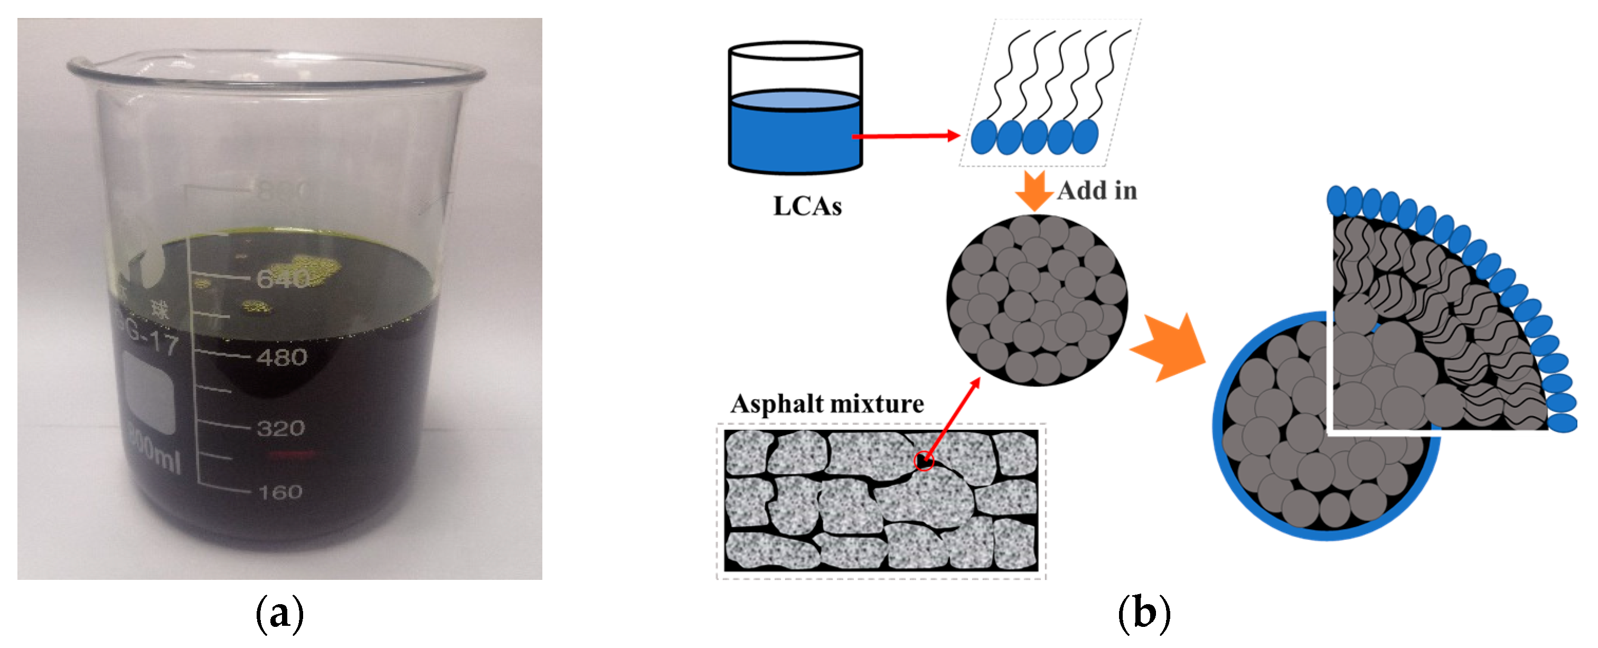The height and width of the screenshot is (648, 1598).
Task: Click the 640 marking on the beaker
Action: click(x=283, y=280)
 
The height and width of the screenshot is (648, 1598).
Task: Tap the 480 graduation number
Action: click(x=281, y=357)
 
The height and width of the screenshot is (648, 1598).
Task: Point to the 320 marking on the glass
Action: click(x=280, y=428)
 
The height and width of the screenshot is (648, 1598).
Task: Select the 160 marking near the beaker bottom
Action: click(x=280, y=492)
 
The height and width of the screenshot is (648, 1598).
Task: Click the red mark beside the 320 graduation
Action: click(x=292, y=455)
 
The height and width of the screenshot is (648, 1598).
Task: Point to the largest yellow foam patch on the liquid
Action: click(x=314, y=270)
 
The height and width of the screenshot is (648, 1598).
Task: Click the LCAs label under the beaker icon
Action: click(x=807, y=206)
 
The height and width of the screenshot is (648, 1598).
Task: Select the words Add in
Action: click(x=1097, y=190)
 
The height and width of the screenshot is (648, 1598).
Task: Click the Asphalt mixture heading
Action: click(x=827, y=403)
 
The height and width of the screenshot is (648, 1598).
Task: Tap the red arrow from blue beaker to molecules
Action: click(x=906, y=136)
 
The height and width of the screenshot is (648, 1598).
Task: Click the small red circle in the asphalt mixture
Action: click(x=924, y=461)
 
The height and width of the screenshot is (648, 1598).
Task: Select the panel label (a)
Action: click(x=280, y=614)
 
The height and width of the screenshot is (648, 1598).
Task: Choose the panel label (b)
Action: click(x=1144, y=614)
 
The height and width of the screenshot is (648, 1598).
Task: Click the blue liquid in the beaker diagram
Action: click(x=795, y=136)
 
